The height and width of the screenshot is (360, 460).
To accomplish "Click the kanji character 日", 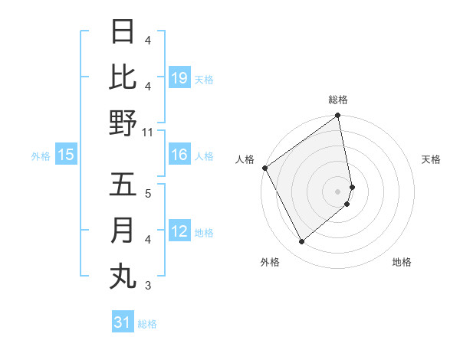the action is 123,33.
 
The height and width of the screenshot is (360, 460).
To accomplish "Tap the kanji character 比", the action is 123,78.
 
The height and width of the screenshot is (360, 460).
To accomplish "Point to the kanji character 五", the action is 123,185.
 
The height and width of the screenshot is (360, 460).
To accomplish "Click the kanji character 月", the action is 123,231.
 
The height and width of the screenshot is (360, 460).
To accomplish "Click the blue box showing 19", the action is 179,77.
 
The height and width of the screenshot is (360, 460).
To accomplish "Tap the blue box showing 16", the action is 179,155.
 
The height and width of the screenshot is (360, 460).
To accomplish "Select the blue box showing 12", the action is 179,231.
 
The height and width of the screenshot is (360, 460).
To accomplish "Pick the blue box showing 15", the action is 66,155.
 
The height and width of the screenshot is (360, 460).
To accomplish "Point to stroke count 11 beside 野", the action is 149,133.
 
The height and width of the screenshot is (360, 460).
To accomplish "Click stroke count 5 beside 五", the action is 148,193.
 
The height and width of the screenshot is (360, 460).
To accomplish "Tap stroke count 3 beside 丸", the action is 148,286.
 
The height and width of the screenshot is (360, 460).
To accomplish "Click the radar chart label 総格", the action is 338,100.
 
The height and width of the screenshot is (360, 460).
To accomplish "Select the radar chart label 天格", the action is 432,159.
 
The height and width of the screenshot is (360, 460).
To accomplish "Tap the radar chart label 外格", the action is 270,262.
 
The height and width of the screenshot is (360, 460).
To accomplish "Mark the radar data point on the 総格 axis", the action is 338,116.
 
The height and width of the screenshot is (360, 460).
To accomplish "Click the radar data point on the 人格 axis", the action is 264,168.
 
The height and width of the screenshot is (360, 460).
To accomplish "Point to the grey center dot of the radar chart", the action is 338,191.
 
